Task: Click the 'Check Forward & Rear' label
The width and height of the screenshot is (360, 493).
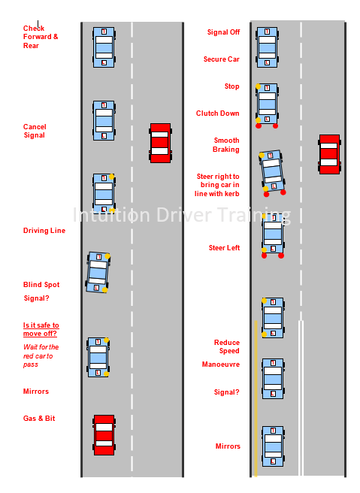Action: click(40, 37)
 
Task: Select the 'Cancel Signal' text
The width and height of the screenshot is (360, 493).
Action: click(35, 131)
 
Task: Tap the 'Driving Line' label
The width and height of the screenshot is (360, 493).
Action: click(44, 231)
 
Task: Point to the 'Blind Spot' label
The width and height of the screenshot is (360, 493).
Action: click(41, 285)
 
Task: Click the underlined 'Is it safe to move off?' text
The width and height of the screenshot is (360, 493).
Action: click(41, 329)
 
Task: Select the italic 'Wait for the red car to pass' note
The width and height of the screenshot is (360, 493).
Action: click(41, 355)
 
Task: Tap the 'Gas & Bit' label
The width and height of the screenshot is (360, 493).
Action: click(39, 418)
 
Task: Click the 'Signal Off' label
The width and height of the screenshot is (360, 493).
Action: click(223, 32)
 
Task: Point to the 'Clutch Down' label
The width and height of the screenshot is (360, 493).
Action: click(218, 113)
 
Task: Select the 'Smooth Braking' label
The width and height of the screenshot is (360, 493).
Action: click(226, 144)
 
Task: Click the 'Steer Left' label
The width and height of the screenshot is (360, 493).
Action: click(224, 247)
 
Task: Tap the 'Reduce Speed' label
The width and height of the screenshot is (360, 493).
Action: click(227, 346)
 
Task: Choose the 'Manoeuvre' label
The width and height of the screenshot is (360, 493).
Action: click(220, 364)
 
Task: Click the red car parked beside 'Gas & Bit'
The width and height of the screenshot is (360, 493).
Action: click(104, 434)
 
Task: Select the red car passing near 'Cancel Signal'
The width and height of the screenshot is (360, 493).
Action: click(160, 143)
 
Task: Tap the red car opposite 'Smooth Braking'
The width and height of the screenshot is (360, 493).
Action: click(329, 154)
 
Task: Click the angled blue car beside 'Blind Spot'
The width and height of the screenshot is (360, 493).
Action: click(98, 272)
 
